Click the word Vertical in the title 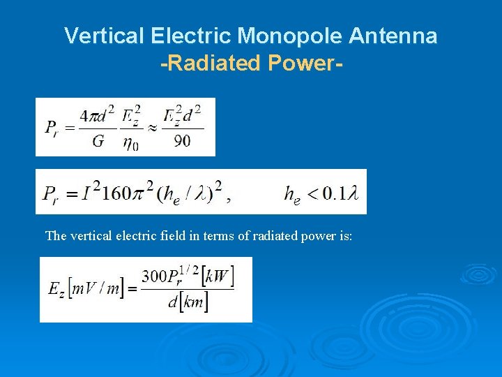click(x=91, y=36)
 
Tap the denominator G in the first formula click(x=98, y=142)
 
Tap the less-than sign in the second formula click(x=312, y=193)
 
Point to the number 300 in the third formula click(x=154, y=276)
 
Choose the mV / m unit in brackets click(x=92, y=289)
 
